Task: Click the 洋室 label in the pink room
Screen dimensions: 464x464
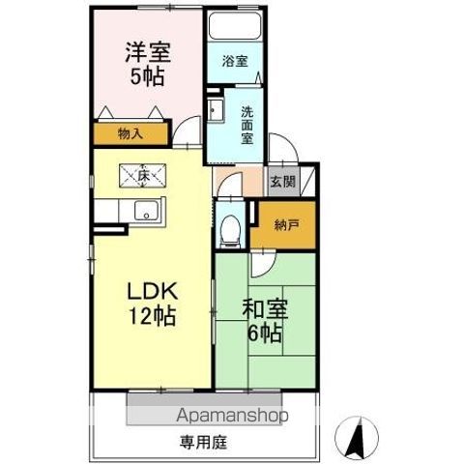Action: pos(148,52)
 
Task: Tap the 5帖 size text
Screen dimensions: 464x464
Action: pos(147,76)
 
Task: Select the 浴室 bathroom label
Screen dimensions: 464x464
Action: pos(235,61)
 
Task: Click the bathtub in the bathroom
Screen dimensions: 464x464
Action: pos(234,26)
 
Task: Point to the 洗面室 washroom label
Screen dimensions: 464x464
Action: pos(247,125)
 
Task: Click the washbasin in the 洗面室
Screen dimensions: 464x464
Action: pos(216,110)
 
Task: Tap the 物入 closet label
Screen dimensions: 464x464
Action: pos(130,133)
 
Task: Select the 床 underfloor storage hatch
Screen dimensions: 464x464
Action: pos(143,176)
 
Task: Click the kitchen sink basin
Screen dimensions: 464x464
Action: pos(146,211)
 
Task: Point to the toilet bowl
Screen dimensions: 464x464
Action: pos(231,230)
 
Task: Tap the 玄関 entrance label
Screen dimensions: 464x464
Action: pos(282,182)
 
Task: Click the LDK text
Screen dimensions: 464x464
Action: pos(153,291)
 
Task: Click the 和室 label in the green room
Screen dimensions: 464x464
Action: pos(265,308)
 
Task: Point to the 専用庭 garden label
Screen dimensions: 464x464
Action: pos(203,443)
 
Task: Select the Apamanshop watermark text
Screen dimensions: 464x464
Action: pos(232,415)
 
